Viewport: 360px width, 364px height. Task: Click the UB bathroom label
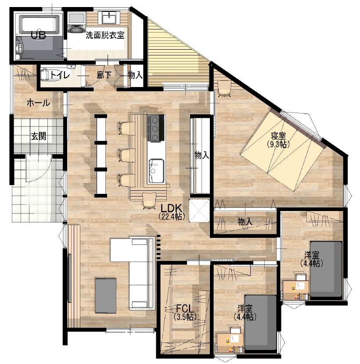pyautogui.click(x=38, y=35)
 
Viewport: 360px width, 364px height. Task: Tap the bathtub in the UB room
pyautogui.click(x=39, y=24)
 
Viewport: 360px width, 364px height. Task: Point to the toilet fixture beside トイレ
pyautogui.click(x=50, y=75)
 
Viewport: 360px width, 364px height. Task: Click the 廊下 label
pyautogui.click(x=104, y=75)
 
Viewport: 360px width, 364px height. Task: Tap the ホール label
pyautogui.click(x=38, y=102)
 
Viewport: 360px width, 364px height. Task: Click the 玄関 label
pyautogui.click(x=39, y=136)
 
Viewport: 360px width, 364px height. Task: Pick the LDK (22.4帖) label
pyautogui.click(x=172, y=211)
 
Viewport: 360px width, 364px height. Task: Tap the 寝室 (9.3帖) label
pyautogui.click(x=278, y=139)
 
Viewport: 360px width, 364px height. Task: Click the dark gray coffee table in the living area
pyautogui.click(x=106, y=295)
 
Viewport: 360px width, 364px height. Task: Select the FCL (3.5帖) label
pyautogui.click(x=185, y=312)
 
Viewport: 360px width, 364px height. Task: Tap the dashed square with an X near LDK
pyautogui.click(x=199, y=211)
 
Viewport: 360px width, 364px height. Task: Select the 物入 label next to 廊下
pyautogui.click(x=135, y=75)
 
